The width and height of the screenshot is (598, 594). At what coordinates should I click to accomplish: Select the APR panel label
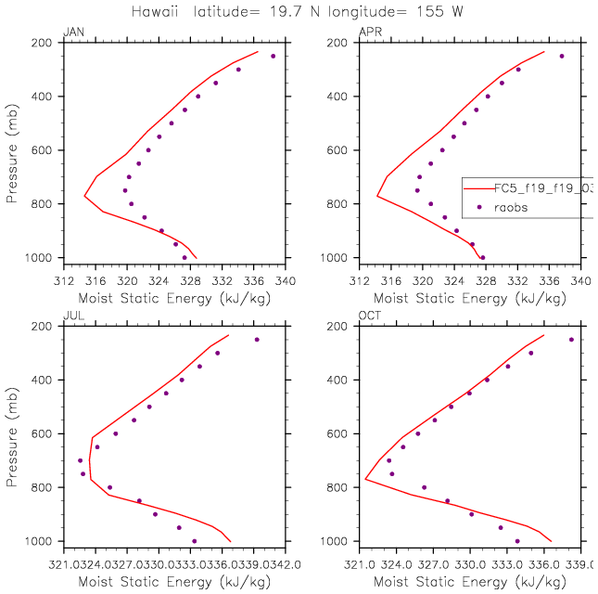tap(369, 32)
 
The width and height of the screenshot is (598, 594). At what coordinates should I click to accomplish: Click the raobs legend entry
tap(511, 207)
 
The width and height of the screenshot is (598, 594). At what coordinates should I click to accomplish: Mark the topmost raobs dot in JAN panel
tap(273, 56)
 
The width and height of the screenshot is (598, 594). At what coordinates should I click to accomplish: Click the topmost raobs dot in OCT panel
tap(571, 340)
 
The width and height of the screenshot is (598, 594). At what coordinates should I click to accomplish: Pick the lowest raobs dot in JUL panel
tap(194, 541)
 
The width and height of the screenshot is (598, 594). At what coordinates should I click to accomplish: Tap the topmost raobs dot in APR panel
tap(562, 56)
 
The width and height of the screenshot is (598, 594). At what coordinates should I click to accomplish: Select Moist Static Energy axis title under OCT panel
tap(469, 582)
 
